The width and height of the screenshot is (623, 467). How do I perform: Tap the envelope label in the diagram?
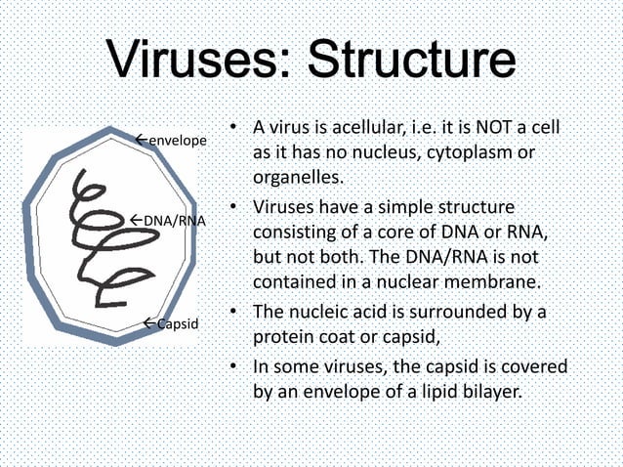point(177,142)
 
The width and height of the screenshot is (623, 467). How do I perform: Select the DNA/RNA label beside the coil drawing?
point(174,220)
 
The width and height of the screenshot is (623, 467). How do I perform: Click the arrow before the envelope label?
point(140,141)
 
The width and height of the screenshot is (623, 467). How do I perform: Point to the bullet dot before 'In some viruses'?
point(234,367)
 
